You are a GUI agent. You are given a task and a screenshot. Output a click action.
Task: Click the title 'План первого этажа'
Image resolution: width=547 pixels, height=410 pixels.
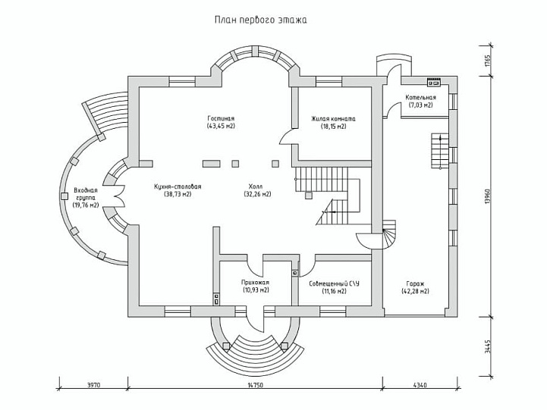[260, 20]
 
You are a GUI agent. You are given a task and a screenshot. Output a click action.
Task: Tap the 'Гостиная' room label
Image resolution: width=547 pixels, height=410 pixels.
[221, 118]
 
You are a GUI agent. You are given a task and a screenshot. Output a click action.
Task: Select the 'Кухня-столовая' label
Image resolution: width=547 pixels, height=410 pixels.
[178, 186]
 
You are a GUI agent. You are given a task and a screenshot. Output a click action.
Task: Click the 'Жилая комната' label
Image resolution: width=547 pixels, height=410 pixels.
[334, 119]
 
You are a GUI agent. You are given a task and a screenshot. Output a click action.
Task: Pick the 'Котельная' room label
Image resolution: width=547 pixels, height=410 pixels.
[421, 98]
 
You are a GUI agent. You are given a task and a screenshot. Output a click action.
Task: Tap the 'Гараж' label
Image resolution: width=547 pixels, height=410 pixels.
[415, 284]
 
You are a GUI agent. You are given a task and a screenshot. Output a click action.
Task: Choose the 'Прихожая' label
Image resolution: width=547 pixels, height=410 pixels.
[256, 283]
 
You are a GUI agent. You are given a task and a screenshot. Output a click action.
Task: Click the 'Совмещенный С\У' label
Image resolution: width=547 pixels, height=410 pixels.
[335, 283]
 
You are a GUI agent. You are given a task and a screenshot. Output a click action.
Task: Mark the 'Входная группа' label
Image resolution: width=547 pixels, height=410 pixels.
[86, 194]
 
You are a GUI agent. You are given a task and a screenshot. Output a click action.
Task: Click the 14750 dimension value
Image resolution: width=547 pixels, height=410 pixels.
[256, 385]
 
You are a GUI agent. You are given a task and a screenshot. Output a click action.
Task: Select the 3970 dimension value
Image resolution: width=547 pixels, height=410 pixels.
[93, 385]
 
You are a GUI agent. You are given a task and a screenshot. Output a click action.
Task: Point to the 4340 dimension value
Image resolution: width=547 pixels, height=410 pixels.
[420, 385]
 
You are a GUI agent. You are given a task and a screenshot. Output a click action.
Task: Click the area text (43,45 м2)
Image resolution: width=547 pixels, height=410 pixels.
[221, 126]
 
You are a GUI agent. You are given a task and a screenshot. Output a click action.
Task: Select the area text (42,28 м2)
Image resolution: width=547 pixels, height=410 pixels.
[415, 292]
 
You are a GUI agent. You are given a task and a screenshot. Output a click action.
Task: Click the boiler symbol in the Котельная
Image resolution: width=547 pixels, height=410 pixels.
[434, 82]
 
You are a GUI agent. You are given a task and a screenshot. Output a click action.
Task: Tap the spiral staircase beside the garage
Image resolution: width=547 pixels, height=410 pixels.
[387, 234]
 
